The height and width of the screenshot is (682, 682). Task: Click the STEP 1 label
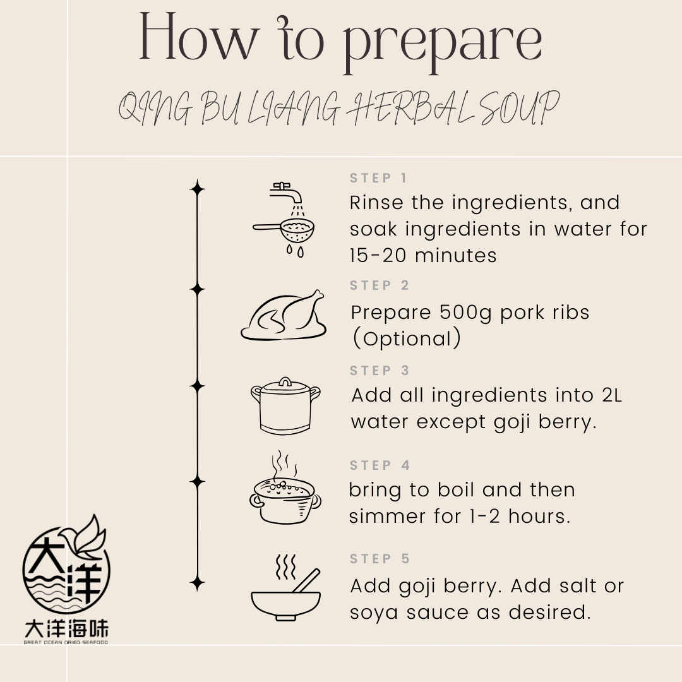pyautogui.click(x=378, y=178)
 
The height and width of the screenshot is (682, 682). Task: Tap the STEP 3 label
pyautogui.click(x=380, y=370)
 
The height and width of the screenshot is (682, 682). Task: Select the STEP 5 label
pyautogui.click(x=380, y=558)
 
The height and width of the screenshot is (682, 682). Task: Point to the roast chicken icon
pyautogui.click(x=284, y=315)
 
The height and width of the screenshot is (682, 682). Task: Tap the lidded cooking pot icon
pyautogui.click(x=285, y=406)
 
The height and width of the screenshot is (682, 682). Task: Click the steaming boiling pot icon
pyautogui.click(x=285, y=488)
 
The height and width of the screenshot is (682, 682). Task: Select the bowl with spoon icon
pyautogui.click(x=286, y=588)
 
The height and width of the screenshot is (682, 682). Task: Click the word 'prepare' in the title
pyautogui.click(x=442, y=44)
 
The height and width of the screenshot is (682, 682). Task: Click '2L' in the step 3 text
pyautogui.click(x=612, y=395)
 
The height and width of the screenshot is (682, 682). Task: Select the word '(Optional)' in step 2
pyautogui.click(x=406, y=338)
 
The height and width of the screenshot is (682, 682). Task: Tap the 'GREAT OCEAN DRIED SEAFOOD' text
pyautogui.click(x=66, y=642)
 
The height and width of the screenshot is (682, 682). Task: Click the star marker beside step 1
pyautogui.click(x=198, y=189)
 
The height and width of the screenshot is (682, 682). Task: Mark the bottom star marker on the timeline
pyautogui.click(x=198, y=583)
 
